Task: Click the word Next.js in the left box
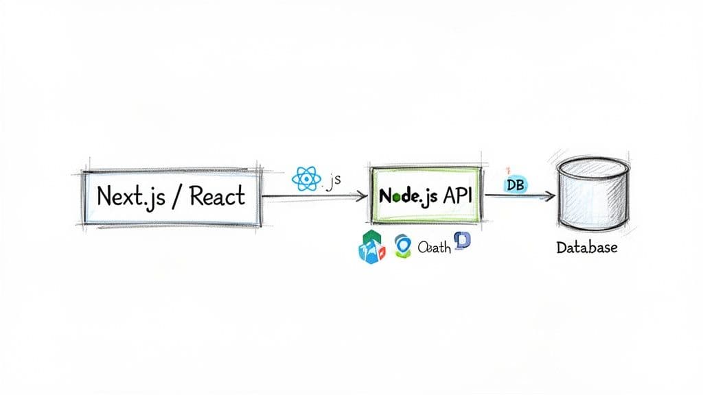point(124,196)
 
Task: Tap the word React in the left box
point(217,196)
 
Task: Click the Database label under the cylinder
point(587,247)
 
